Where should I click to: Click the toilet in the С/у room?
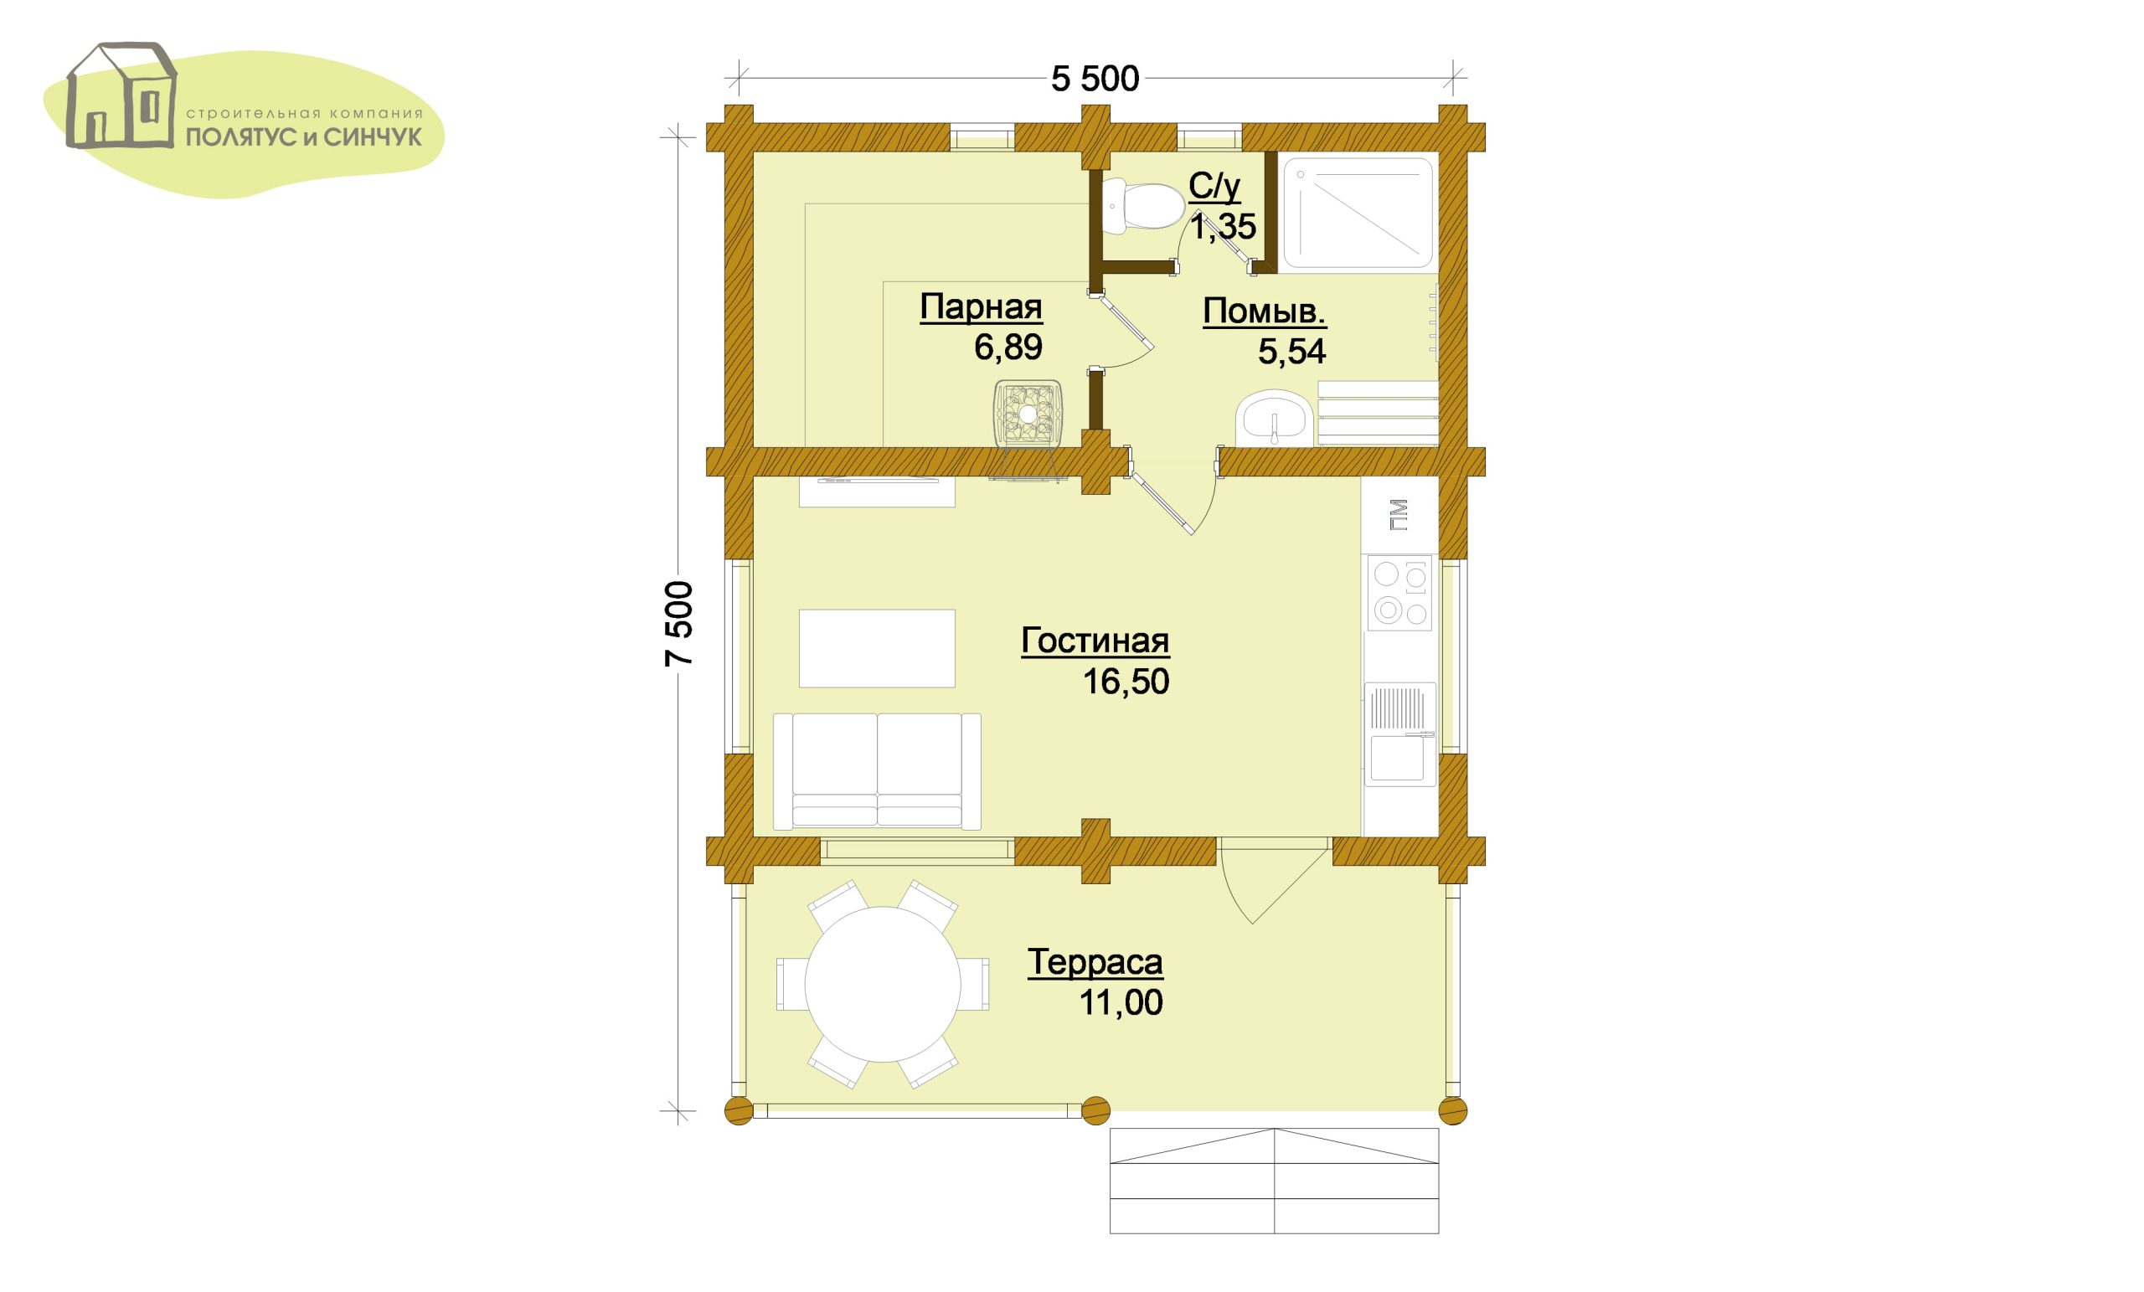pos(1142,205)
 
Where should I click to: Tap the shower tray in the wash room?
pos(1357,213)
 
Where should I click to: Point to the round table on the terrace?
pos(883,984)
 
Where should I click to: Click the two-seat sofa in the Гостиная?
pos(877,771)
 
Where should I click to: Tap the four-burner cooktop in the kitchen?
pos(1399,593)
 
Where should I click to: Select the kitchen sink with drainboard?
pos(1399,733)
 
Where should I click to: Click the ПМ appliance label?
pos(1399,515)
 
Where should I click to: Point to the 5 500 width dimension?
pos(1095,80)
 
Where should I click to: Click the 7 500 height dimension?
pos(679,623)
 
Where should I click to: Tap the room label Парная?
pos(981,307)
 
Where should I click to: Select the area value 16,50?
pos(1125,682)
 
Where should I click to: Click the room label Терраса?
pos(1095,962)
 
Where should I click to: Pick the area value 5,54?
pos(1291,352)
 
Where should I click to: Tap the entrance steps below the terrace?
pos(1274,1181)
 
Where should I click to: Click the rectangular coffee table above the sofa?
pos(877,648)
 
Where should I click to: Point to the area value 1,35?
pos(1223,226)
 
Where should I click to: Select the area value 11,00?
pos(1121,1003)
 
